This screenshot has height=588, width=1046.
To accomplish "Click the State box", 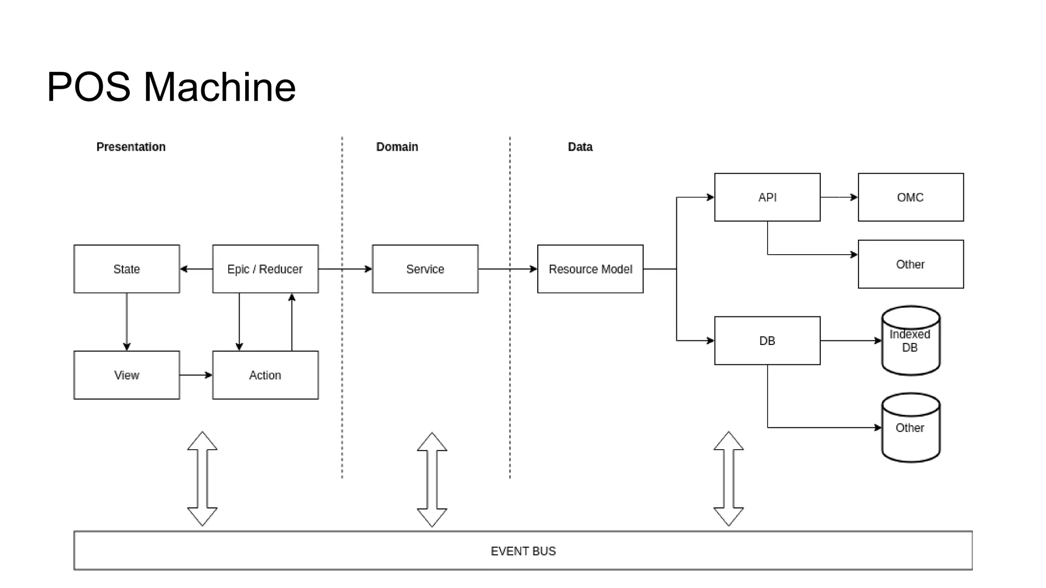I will coord(127,269).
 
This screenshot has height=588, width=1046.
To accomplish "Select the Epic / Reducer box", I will coord(265,269).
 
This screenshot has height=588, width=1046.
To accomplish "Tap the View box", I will coord(127,375).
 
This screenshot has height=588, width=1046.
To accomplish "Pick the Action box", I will coord(265,375).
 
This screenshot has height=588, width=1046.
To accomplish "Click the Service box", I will coord(425,269).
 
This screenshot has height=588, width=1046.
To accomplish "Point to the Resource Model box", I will coord(590,269).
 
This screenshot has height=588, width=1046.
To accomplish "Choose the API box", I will coord(767,197).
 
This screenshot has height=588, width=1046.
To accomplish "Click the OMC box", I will coord(910,197).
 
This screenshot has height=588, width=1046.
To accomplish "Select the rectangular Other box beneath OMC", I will coord(910,264).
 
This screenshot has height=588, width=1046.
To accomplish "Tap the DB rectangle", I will coord(767,340).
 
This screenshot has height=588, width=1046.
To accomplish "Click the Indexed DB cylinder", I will coord(910,341).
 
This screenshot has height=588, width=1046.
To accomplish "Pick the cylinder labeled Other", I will coord(910,428).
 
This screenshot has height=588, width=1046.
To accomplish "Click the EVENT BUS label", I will coord(523,551).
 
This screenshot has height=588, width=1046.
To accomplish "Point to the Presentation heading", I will coord(131,147).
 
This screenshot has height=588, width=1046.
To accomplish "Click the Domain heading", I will coord(397,147).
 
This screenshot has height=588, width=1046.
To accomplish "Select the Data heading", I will coord(580,147).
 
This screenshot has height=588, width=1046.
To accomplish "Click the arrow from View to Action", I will coord(196,375).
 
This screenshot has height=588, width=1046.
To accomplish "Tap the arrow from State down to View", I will coord(127,322).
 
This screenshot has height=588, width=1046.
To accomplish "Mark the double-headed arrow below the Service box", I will coord(432,479).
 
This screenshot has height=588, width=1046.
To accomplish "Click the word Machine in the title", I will coord(220,87).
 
